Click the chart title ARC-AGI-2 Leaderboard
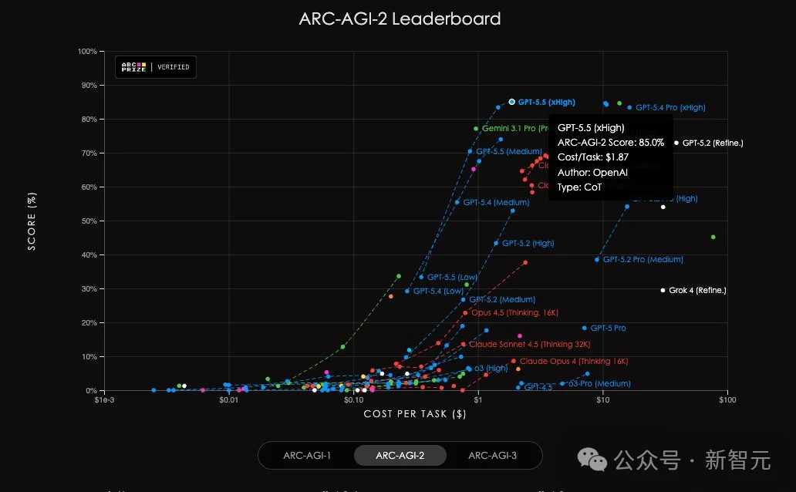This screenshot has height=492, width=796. click(400, 19)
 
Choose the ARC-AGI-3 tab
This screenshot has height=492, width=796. click(492, 455)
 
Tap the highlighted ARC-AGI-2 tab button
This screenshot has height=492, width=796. click(400, 455)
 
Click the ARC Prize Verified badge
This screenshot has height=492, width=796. click(156, 67)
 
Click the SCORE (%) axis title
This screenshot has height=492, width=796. click(32, 221)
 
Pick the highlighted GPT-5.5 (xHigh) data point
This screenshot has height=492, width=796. click(511, 102)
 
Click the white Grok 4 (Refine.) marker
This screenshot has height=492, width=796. click(663, 290)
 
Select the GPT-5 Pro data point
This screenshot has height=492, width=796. click(584, 328)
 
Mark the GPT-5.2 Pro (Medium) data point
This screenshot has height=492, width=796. click(597, 259)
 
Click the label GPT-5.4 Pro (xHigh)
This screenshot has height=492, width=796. click(670, 108)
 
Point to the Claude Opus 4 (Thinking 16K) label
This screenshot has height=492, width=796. click(574, 361)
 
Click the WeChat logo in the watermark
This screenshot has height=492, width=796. click(597, 460)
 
